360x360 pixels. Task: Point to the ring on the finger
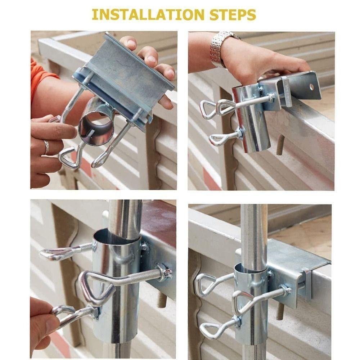tap(46, 147)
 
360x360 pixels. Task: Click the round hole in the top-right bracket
tap(311, 87)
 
